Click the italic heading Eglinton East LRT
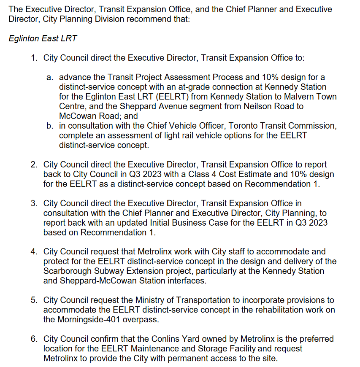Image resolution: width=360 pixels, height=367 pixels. click(43, 38)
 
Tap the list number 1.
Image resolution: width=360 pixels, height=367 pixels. click(34, 58)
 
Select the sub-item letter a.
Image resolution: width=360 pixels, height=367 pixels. click(49, 77)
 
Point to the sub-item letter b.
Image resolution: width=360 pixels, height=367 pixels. click(49, 126)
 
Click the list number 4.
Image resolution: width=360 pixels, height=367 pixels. click(34, 252)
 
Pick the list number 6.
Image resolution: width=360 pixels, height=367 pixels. click(34, 339)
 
